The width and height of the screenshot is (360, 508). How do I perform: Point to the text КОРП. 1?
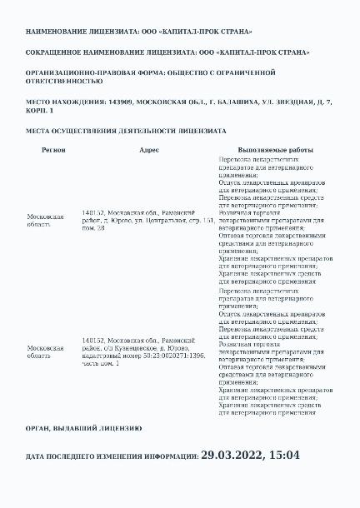(40, 111)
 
